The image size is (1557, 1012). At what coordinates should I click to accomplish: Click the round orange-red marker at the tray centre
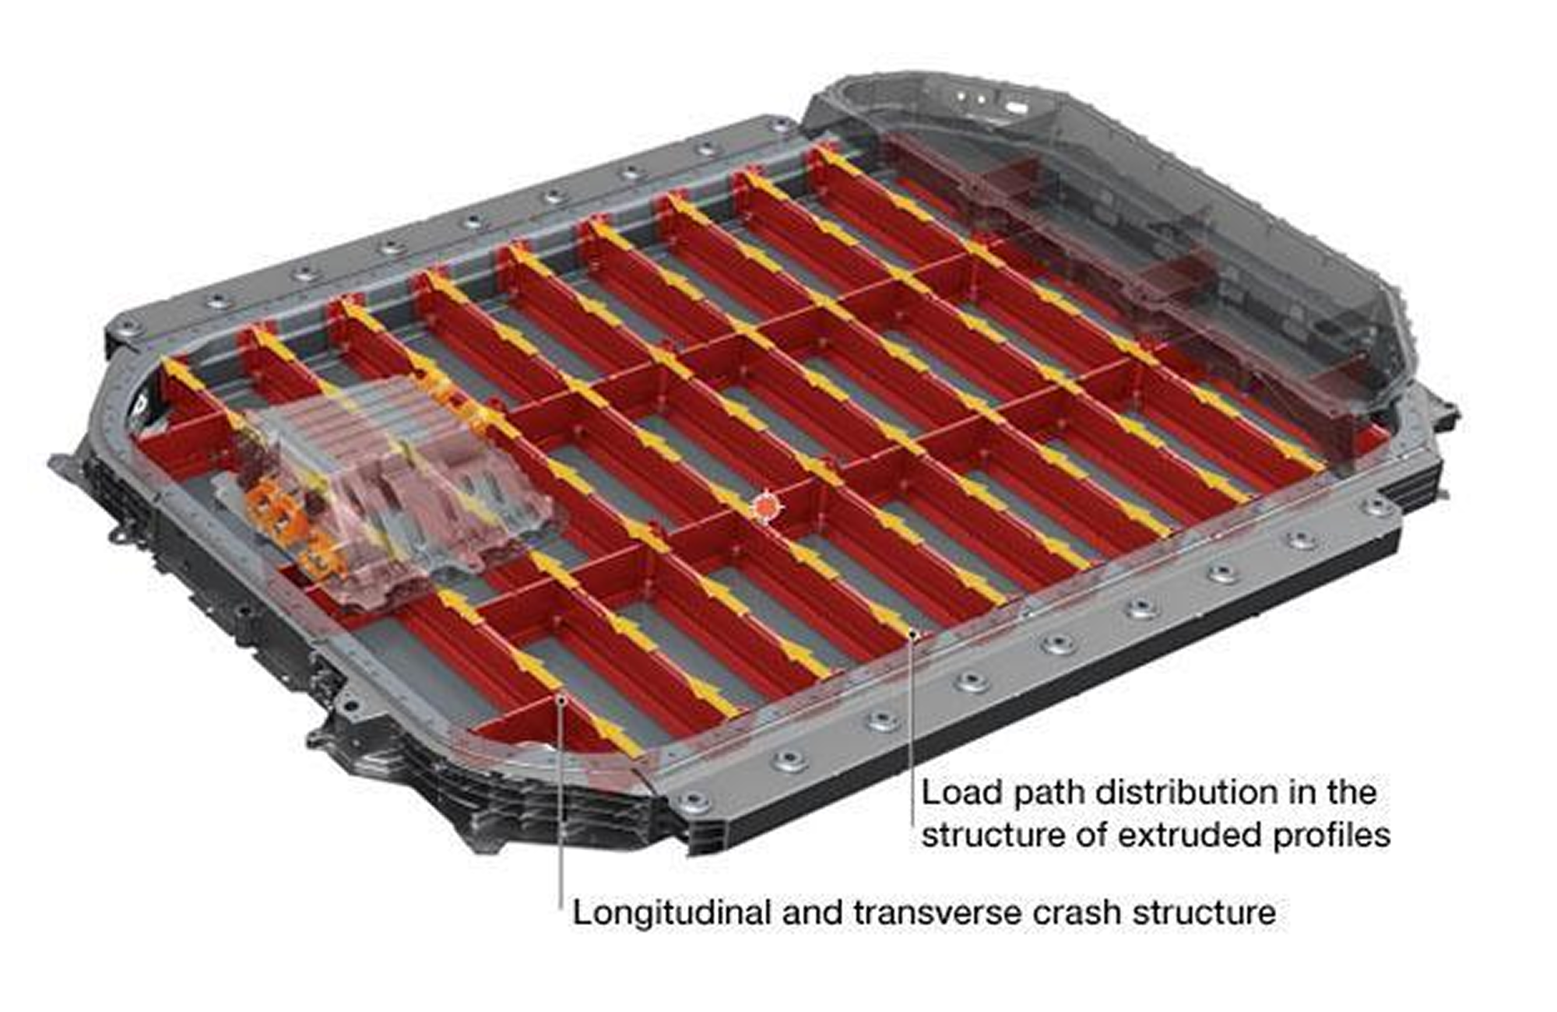pyautogui.click(x=766, y=508)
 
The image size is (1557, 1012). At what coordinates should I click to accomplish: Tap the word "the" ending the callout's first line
pyautogui.click(x=1348, y=793)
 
